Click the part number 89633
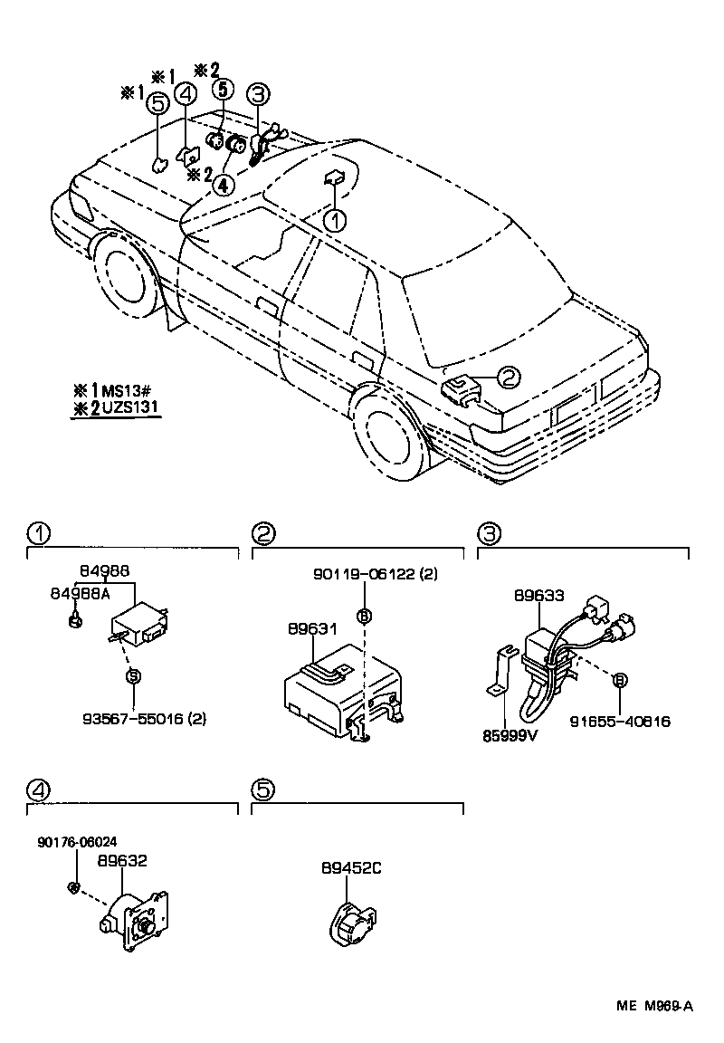pos(539,595)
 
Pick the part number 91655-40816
pos(620,722)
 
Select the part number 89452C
pos(351,867)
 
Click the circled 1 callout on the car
pos(335,220)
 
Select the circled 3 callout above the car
pos(259,93)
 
